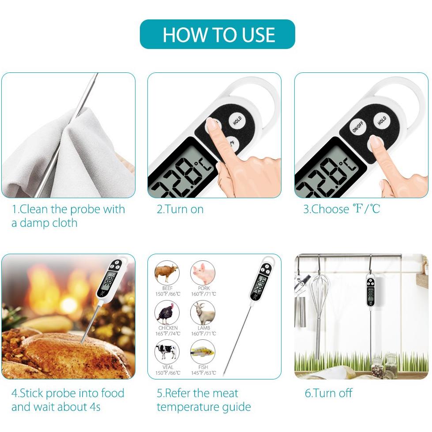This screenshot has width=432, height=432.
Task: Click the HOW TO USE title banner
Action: tap(218, 34)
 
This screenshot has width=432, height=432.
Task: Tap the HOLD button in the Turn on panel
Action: tap(237, 120)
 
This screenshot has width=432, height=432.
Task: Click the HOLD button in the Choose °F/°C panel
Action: tap(382, 120)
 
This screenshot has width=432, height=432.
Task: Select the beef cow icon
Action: tap(167, 273)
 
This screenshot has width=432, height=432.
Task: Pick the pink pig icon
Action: tap(203, 273)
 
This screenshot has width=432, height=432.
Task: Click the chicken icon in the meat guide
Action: tap(167, 313)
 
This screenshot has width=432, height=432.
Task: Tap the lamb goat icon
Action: tap(203, 313)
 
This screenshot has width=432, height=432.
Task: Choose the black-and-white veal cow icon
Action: tap(167, 352)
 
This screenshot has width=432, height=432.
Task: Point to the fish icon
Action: tap(203, 352)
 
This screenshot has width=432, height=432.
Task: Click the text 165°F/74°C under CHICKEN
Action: tap(168, 334)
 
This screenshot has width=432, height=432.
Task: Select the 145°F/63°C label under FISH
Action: tap(203, 373)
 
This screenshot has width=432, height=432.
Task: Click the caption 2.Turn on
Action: tap(180, 210)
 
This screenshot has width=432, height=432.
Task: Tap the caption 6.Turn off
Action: tap(328, 393)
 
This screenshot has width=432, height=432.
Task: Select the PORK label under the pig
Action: tap(203, 288)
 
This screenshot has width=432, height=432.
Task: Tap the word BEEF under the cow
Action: tap(168, 288)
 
